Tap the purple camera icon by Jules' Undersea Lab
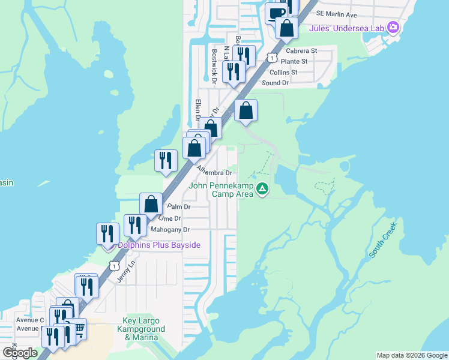[393, 26]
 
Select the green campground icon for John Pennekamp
[262, 190]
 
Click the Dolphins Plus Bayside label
[158, 245]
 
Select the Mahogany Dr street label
[170, 229]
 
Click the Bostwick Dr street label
[214, 66]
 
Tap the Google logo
[20, 353]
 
